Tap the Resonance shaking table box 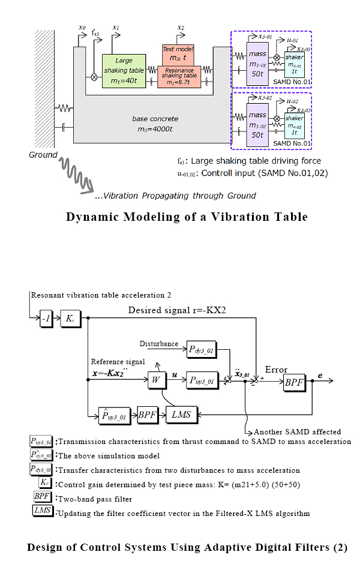(179, 76)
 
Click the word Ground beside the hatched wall (43, 155)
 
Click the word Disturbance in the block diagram (158, 344)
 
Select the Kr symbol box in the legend (44, 483)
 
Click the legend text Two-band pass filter (95, 498)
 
